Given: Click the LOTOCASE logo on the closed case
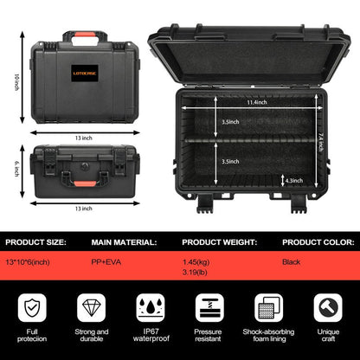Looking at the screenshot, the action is (x=85, y=73).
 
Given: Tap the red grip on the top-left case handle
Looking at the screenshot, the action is (x=85, y=35).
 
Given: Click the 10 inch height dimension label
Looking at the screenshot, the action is (x=17, y=82).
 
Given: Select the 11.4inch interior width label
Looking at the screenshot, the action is (x=257, y=102).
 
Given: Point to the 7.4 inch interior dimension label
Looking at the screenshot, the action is (x=321, y=142).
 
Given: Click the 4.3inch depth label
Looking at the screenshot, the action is (x=294, y=181).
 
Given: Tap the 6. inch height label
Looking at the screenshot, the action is (x=16, y=169).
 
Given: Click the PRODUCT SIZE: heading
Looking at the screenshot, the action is (x=35, y=242).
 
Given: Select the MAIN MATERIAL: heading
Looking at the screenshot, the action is (x=124, y=242).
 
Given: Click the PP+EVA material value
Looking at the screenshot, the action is (x=106, y=262).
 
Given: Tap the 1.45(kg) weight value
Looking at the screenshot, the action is (x=196, y=262).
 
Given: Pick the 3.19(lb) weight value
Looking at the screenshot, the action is (x=195, y=272).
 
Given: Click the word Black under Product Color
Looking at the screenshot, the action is (x=292, y=262).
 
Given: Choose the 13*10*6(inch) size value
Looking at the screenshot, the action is (x=28, y=262).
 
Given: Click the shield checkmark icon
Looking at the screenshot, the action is (x=32, y=307).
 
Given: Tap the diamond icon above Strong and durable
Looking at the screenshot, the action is (x=92, y=307).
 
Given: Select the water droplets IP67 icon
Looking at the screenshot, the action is (x=151, y=307).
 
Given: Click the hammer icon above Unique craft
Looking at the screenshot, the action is (x=328, y=307).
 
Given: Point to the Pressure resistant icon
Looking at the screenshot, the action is (x=209, y=307).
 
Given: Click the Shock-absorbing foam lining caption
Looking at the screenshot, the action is (x=269, y=335).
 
